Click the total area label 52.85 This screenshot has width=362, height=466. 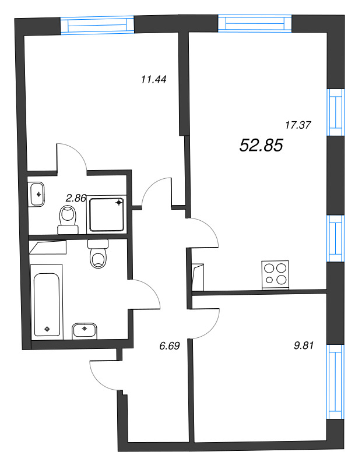tap(261, 146)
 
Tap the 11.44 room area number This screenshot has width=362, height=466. tap(154, 80)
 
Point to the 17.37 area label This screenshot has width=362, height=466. tap(297, 125)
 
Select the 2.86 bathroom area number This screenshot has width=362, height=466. tap(76, 198)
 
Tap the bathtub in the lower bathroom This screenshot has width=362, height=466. tap(47, 300)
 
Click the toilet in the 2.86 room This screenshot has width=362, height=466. tap(69, 218)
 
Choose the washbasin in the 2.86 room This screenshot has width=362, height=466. tap(38, 193)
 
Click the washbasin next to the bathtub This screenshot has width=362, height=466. tap(85, 330)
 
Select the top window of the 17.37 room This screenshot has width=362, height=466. tap(254, 23)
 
